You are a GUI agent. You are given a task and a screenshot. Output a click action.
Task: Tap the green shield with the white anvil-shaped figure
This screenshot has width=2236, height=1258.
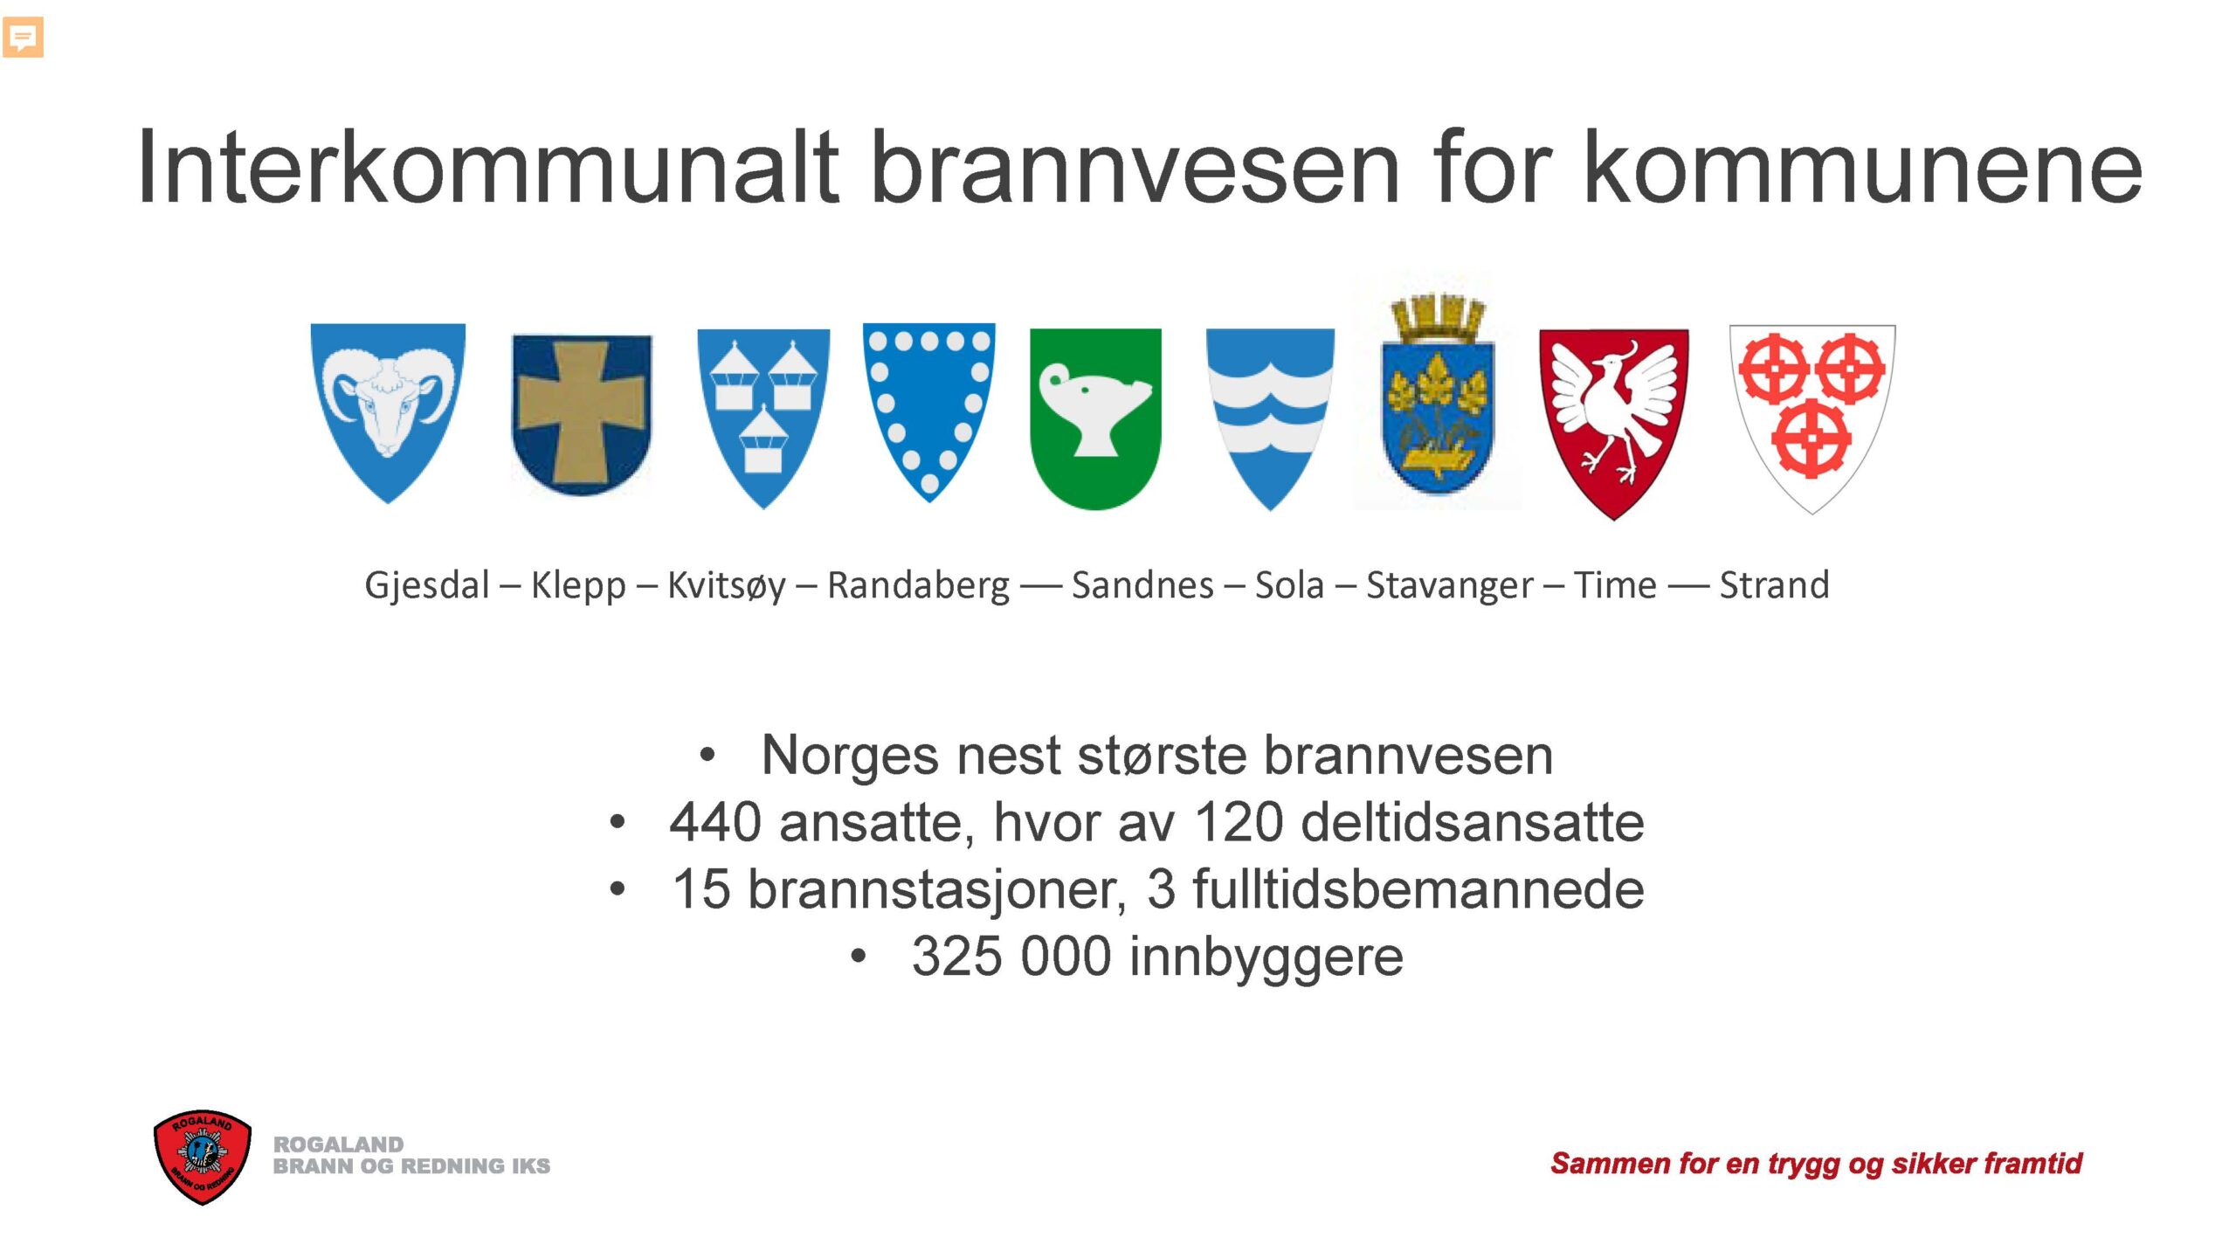(1095, 418)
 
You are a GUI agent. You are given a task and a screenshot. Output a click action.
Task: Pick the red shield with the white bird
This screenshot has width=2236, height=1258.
(1613, 424)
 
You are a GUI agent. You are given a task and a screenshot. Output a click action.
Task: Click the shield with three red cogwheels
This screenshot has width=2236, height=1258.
(1812, 418)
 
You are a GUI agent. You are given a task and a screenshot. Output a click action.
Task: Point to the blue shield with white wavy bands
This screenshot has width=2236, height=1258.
(1270, 418)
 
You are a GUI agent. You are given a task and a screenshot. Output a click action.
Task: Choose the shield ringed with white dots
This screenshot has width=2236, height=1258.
(928, 412)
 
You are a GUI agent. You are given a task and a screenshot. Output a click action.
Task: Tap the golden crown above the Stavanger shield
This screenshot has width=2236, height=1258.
(1437, 318)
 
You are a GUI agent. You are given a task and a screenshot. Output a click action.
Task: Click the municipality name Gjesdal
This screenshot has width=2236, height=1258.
(426, 586)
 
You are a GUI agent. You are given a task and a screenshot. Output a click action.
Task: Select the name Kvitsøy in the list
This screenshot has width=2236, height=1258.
(726, 586)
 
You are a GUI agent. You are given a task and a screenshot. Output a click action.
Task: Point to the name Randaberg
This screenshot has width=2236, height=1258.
(918, 586)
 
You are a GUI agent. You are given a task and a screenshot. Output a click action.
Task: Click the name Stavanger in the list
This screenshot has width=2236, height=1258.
(1449, 586)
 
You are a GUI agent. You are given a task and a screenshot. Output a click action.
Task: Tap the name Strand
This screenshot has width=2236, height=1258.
(1774, 584)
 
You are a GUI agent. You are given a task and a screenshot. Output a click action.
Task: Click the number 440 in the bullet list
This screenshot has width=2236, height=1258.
(715, 823)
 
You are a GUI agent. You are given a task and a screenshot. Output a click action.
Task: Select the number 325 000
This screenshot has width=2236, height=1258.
(1011, 957)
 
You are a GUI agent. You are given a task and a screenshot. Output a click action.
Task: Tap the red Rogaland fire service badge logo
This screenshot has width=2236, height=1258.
(203, 1158)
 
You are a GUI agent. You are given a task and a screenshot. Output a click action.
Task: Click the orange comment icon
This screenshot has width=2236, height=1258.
(23, 38)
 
